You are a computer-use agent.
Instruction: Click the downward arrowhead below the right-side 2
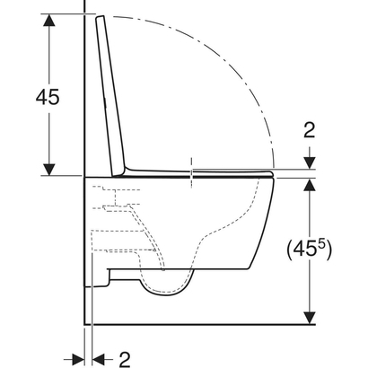(x=309, y=162)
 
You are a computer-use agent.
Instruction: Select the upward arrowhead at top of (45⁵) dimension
(x=309, y=185)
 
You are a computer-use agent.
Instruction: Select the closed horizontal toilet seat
(x=206, y=171)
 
